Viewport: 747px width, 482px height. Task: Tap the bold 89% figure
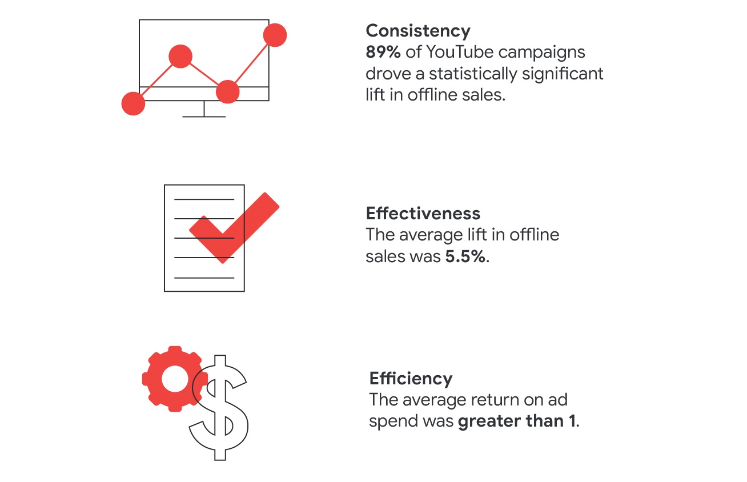click(383, 52)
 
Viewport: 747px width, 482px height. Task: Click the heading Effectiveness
click(423, 214)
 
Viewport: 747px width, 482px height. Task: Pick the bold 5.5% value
click(465, 256)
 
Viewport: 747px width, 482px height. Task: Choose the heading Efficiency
click(411, 379)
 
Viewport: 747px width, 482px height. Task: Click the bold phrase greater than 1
click(517, 421)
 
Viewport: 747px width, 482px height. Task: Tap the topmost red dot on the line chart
click(275, 35)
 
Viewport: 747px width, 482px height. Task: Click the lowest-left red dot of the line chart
click(133, 103)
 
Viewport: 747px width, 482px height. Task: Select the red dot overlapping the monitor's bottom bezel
click(228, 92)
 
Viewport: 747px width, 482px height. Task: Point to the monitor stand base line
click(204, 117)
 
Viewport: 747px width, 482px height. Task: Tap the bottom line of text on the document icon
click(204, 278)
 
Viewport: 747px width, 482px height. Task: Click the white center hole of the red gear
click(175, 379)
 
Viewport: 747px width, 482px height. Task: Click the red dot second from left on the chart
click(180, 57)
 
